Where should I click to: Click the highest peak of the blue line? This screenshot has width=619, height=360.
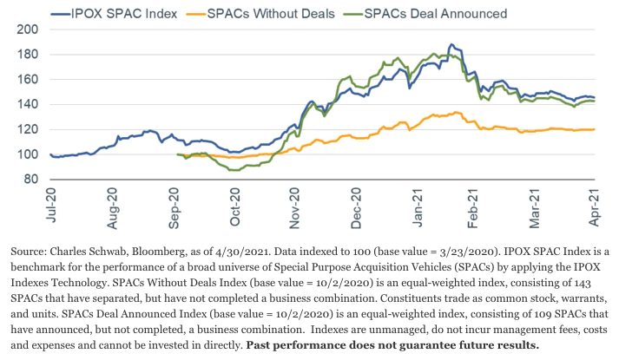450,44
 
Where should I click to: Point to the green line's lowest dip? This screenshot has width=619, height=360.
233,170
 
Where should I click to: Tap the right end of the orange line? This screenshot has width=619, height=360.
594,129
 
